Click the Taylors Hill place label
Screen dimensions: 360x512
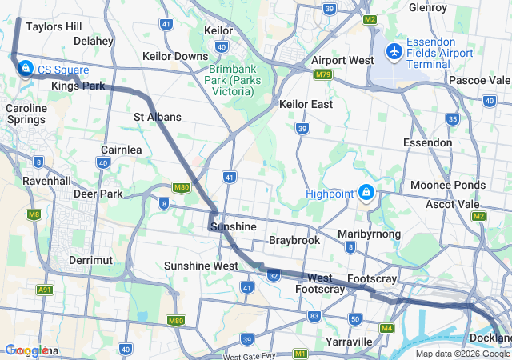[x=54, y=26]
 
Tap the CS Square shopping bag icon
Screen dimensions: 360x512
[x=26, y=68]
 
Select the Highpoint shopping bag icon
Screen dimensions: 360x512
[x=366, y=192]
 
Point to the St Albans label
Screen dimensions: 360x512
[x=157, y=117]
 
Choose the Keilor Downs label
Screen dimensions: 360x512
[x=174, y=57]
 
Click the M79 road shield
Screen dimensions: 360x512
[x=323, y=74]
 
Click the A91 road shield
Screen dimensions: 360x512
[x=46, y=290]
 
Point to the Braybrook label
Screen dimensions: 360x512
[x=294, y=240]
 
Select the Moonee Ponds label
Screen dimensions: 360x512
[x=448, y=185]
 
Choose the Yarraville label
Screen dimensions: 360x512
[x=350, y=342]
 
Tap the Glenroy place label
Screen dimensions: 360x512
[x=428, y=7]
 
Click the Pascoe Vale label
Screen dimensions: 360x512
[x=479, y=81]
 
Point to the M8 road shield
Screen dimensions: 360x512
[x=34, y=214]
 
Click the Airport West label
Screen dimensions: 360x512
[x=342, y=61]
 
